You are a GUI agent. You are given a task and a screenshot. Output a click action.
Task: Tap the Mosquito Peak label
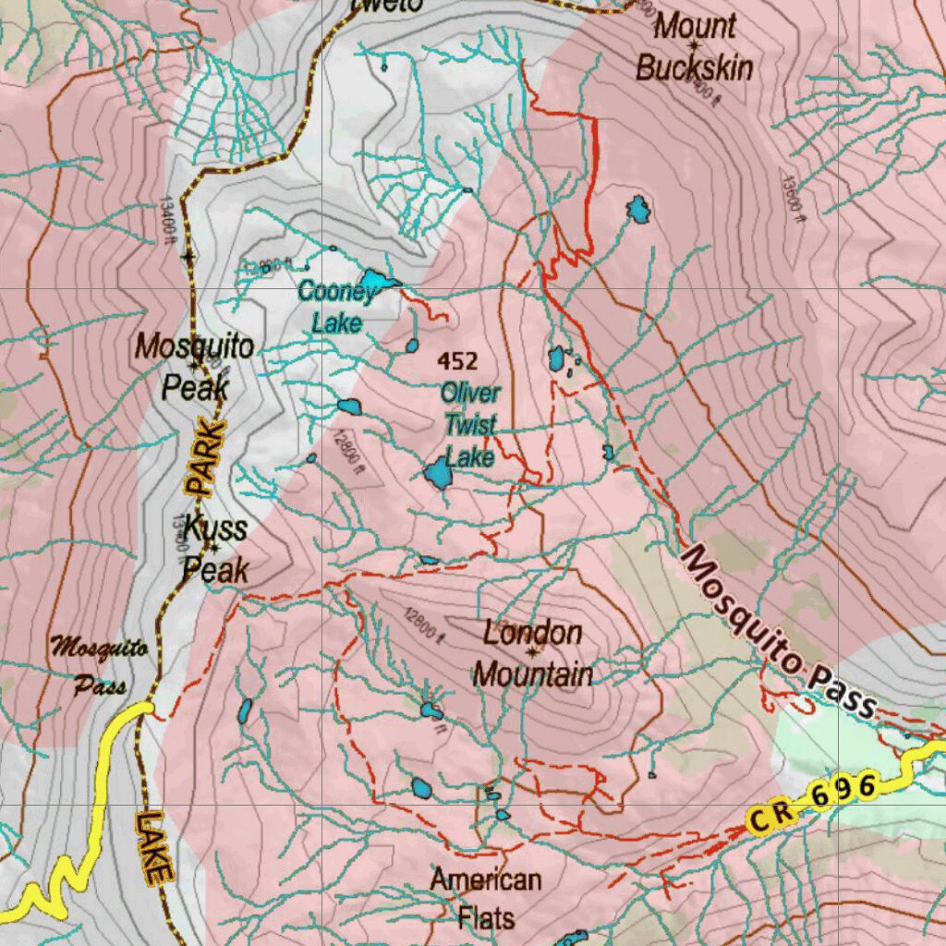pos(194,367)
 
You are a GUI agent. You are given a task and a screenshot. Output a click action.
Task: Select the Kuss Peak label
pos(215,550)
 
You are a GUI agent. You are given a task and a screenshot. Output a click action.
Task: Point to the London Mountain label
pos(533,654)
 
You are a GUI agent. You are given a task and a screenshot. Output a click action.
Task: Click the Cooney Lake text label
pos(336,307)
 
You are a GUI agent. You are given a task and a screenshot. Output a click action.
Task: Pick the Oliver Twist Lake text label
pos(469,424)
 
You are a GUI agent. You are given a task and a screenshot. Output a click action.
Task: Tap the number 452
pos(458,360)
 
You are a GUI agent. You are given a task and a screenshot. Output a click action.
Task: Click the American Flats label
pos(486,898)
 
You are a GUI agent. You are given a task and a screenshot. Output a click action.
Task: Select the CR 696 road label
pos(813,803)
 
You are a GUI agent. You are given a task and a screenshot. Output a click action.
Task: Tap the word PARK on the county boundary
pos(204,456)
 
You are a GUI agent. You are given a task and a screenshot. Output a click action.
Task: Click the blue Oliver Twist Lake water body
pos(438,475)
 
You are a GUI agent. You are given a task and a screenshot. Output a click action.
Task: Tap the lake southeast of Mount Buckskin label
pos(637,210)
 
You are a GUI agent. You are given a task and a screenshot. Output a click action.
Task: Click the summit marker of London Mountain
pos(533,652)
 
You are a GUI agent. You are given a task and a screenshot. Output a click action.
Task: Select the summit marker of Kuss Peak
pos(214,548)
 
